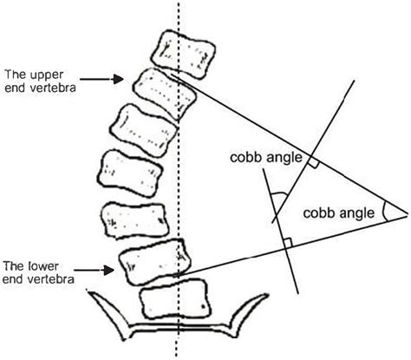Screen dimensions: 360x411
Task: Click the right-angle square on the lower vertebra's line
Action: pos(284,246)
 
